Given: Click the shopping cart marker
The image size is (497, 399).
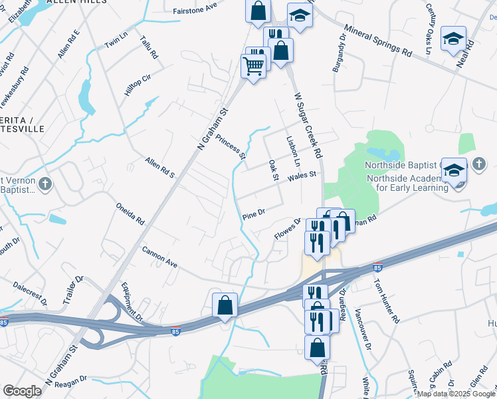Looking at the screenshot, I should pos(253,66).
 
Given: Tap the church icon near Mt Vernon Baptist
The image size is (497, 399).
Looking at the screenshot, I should pos(45,184).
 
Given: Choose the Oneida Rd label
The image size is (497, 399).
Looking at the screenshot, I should pos(130,214).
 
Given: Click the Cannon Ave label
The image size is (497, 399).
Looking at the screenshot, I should pos(160,257).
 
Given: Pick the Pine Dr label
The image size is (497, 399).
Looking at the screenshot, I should pos(254,213).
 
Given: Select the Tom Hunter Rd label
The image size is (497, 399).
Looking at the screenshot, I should pos(386,300).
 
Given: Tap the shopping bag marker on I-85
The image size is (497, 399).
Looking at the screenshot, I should pos(225,305).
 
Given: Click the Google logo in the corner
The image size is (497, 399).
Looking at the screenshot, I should pos(22,391).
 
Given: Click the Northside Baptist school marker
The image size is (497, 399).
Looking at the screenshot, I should pos(454,171).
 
